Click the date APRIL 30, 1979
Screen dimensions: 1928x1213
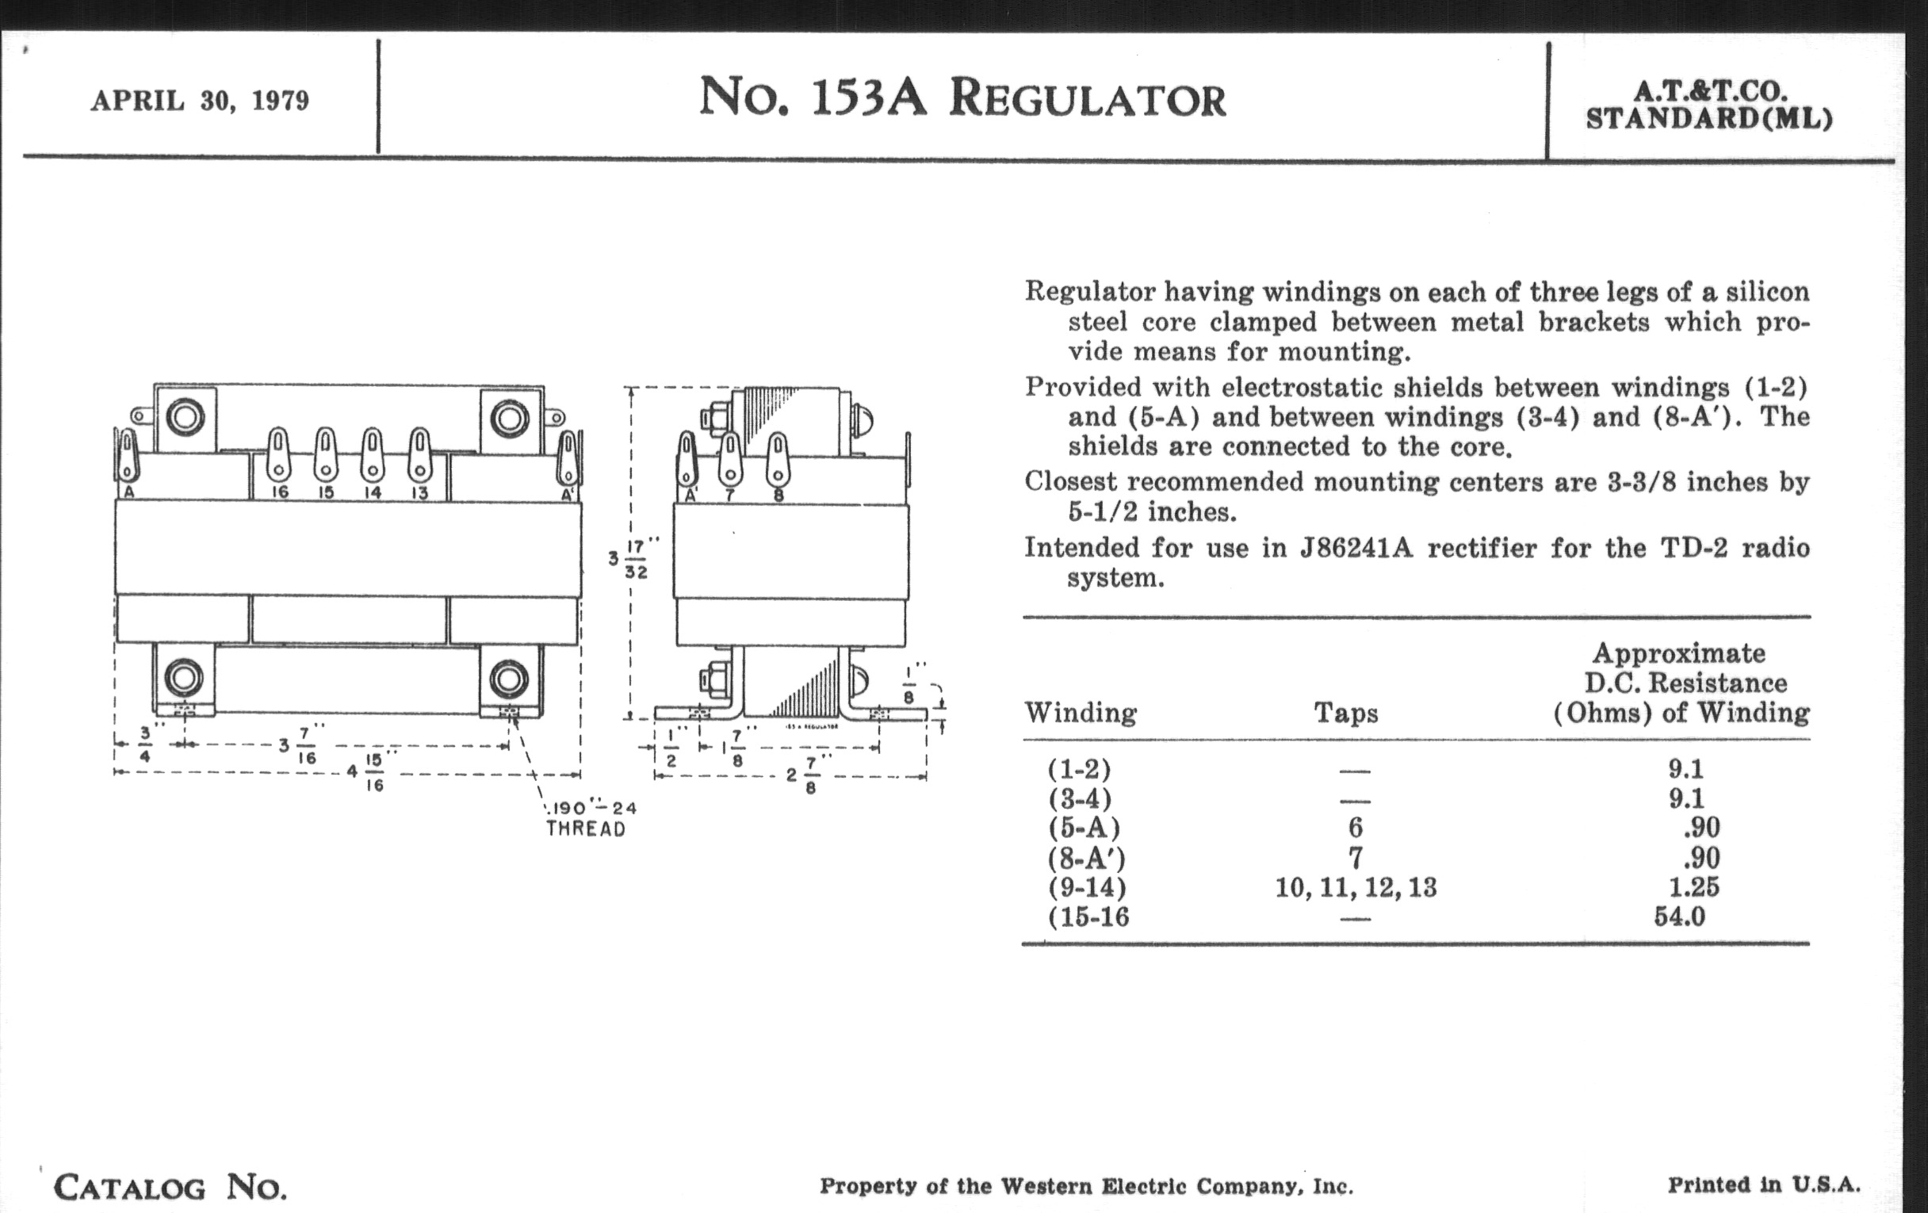(199, 101)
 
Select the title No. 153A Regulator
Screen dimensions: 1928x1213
(962, 98)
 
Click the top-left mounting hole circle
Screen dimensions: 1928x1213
(185, 417)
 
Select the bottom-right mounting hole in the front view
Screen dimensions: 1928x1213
(508, 679)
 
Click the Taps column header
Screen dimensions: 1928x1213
(1346, 713)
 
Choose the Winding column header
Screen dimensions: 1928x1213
(1081, 713)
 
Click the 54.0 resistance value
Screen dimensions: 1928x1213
(1680, 916)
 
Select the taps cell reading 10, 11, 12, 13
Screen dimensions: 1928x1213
(1356, 887)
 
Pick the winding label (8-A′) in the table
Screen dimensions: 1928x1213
(1087, 859)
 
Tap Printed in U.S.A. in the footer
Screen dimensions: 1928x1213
(1765, 1185)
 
